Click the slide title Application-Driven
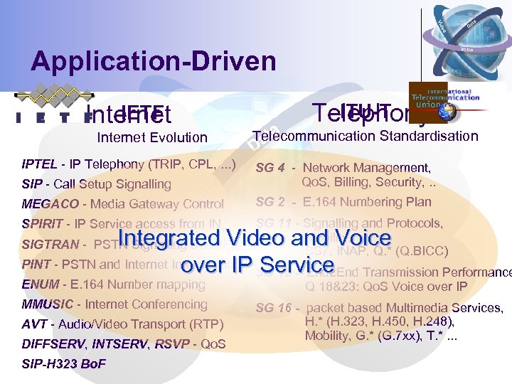click(x=153, y=61)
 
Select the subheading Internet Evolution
click(x=152, y=137)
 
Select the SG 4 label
click(x=270, y=168)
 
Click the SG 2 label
click(x=270, y=202)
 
